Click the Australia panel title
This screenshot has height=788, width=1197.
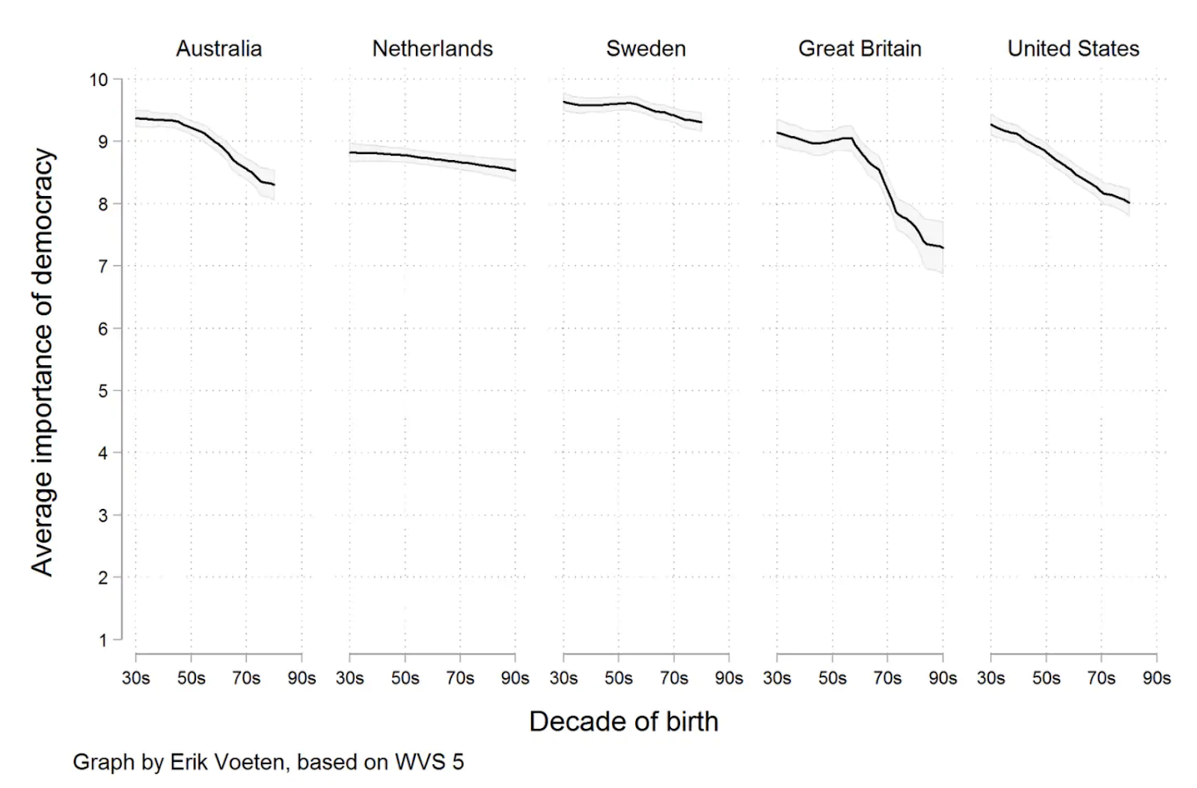tap(219, 49)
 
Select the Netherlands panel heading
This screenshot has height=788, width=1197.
tap(432, 49)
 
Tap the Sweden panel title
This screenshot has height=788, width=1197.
tap(646, 49)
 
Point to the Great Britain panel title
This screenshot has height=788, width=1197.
tap(860, 49)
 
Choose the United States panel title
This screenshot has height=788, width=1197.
tap(1073, 49)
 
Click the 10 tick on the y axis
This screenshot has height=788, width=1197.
tap(99, 79)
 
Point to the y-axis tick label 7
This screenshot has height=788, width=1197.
tap(103, 266)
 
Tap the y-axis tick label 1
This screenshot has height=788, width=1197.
tap(103, 641)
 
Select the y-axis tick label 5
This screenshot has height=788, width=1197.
tap(103, 391)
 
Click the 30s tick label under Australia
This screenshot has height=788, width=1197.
tap(136, 678)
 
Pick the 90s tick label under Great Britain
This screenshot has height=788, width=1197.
tap(943, 678)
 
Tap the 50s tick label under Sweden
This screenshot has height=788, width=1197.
tap(619, 678)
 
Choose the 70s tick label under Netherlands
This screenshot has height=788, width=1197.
tap(460, 678)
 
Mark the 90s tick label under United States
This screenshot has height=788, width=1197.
tap(1157, 678)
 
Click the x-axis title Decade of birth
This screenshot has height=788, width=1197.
tap(623, 721)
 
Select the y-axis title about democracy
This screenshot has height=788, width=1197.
tap(43, 362)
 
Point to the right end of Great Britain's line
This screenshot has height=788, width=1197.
tap(943, 248)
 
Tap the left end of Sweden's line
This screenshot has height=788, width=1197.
tap(564, 102)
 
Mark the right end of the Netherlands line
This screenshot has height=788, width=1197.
tap(515, 171)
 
